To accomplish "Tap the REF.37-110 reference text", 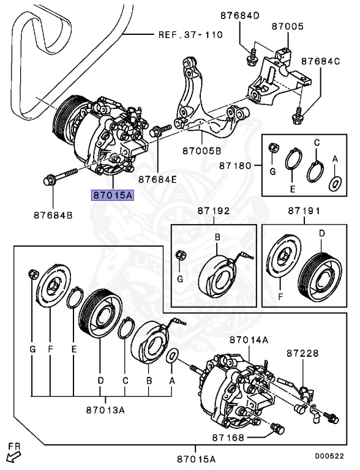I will point(190,35).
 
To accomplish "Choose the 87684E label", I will point(157,180).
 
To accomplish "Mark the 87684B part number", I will point(52,215).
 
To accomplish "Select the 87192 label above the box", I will point(213,211).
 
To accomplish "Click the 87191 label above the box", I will point(305,211).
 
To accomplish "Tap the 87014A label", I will point(249,339).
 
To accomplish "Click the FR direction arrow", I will point(12,455).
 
